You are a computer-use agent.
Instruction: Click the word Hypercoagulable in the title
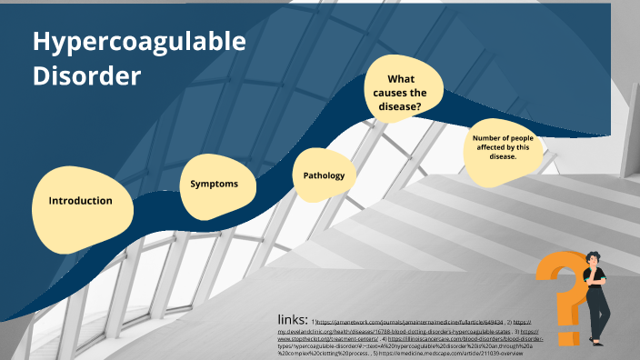point(139,41)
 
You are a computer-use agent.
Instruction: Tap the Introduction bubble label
point(81,201)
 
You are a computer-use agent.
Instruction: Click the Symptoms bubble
point(214,184)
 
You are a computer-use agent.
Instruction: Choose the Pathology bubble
point(324,175)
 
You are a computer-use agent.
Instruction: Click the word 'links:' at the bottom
point(292,320)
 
